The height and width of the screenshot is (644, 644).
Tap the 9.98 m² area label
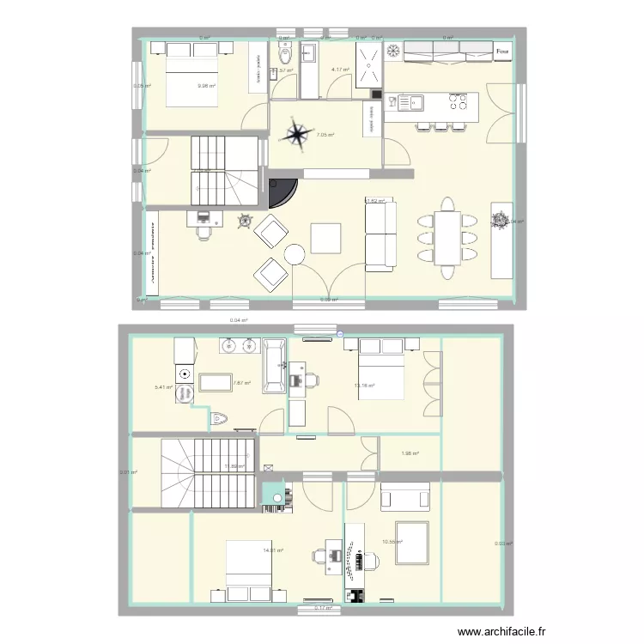coord(206,86)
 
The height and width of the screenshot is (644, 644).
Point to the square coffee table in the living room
coord(326,238)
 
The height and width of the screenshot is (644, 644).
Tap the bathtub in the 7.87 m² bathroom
coord(275,366)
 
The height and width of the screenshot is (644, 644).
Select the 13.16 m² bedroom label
coord(364,386)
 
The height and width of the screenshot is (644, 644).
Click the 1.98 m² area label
coord(410,453)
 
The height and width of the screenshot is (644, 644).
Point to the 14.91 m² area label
coord(274,550)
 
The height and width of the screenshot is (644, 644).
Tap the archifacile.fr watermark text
coord(501,631)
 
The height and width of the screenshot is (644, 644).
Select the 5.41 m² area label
coord(163,386)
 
